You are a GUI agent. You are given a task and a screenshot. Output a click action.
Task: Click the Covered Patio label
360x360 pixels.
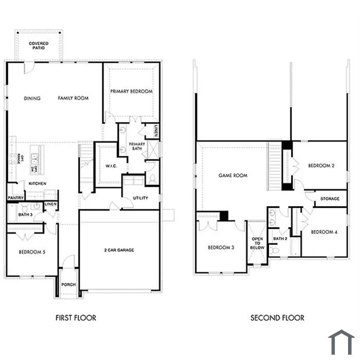pyautogui.click(x=39, y=45)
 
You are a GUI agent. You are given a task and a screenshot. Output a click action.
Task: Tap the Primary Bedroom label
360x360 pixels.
pyautogui.click(x=131, y=92)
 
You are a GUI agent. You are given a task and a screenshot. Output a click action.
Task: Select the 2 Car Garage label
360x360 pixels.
pyautogui.click(x=119, y=250)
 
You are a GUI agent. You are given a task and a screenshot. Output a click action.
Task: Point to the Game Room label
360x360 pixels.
pyautogui.click(x=233, y=176)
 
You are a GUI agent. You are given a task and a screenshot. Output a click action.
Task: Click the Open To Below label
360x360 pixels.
pyautogui.click(x=257, y=243)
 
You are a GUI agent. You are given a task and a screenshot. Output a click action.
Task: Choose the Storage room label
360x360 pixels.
pyautogui.click(x=330, y=199)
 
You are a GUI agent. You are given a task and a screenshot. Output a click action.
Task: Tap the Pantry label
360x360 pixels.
pyautogui.click(x=15, y=197)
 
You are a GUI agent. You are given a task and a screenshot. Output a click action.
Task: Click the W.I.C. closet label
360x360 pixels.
pyautogui.click(x=111, y=166)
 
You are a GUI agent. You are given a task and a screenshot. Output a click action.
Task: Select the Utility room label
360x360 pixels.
pyautogui.click(x=140, y=198)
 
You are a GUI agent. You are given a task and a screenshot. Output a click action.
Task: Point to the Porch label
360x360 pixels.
pyautogui.click(x=68, y=285)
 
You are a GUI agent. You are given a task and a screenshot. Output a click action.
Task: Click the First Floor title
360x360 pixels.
pyautogui.click(x=76, y=318)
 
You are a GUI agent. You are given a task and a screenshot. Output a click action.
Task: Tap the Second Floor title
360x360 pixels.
pyautogui.click(x=277, y=318)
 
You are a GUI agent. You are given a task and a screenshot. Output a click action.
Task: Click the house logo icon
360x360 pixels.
pyautogui.click(x=341, y=342)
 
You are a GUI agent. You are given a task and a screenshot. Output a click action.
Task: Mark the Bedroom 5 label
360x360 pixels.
pyautogui.click(x=32, y=252)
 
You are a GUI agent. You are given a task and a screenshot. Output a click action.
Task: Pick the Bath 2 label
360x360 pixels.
pyautogui.click(x=280, y=239)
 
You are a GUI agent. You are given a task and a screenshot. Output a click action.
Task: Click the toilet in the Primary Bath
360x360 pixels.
pyautogui.click(x=152, y=179)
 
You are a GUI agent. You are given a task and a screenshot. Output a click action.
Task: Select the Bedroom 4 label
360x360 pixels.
pyautogui.click(x=324, y=232)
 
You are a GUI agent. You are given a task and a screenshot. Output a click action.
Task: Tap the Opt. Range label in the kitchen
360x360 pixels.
pyautogui.click(x=21, y=159)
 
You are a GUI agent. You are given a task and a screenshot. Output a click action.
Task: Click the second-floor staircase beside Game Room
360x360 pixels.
pyautogui.click(x=275, y=166)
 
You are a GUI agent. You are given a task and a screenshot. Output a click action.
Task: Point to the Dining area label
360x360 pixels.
pyautogui.click(x=32, y=98)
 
